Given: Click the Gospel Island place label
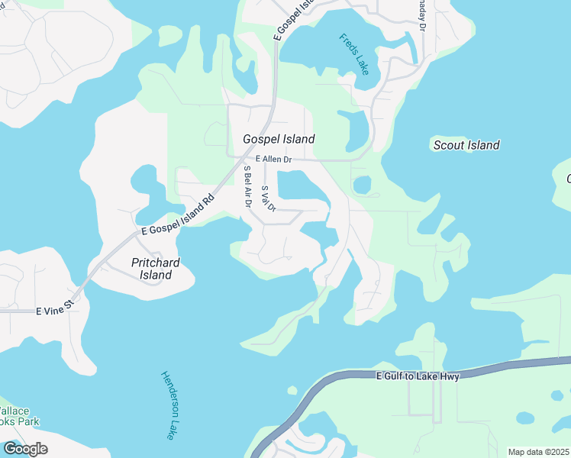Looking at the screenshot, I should tap(279, 139).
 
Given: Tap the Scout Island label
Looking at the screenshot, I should tap(466, 145).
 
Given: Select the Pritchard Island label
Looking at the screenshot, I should tap(155, 269).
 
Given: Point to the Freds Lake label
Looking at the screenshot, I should tap(354, 54).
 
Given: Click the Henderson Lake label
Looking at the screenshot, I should tap(169, 405).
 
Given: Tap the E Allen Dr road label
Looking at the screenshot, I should tap(274, 159).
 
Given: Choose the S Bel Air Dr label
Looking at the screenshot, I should tap(247, 186).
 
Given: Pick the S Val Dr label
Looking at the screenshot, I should tap(267, 198).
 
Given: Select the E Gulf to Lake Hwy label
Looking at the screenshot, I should tap(418, 376).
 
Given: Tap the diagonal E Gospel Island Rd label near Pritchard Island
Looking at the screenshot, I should tap(176, 218).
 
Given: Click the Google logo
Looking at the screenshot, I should tap(25, 449).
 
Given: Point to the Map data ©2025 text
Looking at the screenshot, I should tap(537, 452).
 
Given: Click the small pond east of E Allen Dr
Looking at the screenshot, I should tap(362, 185).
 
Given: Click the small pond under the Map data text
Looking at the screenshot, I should tap(525, 418).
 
